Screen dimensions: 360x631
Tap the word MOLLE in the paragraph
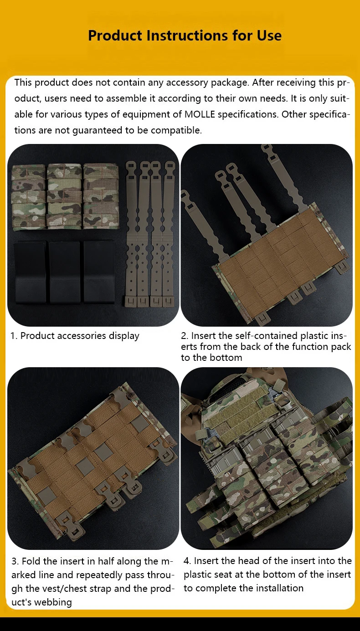point(200,114)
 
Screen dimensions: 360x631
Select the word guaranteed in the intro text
point(98,130)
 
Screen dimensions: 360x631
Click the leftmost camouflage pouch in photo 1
point(28,196)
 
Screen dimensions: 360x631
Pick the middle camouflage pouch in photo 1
point(64,196)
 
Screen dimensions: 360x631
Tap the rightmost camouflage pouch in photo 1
point(101,196)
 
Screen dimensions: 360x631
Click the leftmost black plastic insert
point(30,272)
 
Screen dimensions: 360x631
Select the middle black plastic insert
point(65,272)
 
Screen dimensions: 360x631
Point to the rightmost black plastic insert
point(99,271)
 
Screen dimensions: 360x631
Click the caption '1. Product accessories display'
point(75,336)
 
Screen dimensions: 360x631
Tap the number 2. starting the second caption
point(185,336)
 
